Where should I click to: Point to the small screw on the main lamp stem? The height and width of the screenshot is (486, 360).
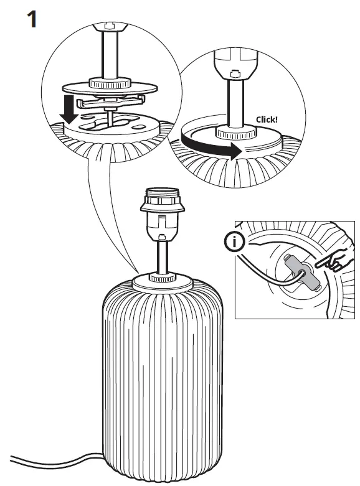click(x=162, y=236)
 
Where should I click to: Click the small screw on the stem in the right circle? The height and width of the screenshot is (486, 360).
click(x=235, y=73)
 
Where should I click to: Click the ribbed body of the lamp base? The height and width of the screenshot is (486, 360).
click(x=162, y=373)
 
